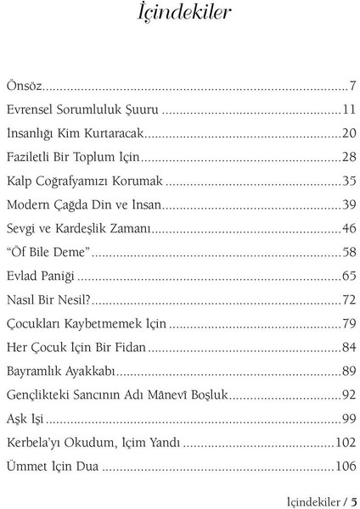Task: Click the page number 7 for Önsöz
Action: (352, 86)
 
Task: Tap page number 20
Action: (348, 133)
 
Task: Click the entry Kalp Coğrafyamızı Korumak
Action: (84, 181)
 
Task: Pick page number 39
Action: (348, 204)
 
